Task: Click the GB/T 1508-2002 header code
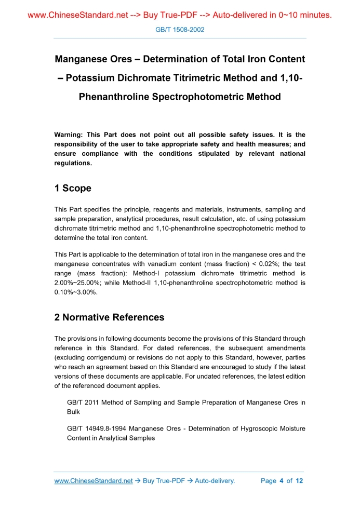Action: [x=180, y=30]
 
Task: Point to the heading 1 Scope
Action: [x=73, y=189]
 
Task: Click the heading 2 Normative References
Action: [x=109, y=317]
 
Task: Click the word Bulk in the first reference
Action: [x=73, y=412]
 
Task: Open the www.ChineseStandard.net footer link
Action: [x=94, y=481]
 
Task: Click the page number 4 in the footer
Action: [x=281, y=481]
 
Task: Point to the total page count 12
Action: [x=299, y=481]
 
